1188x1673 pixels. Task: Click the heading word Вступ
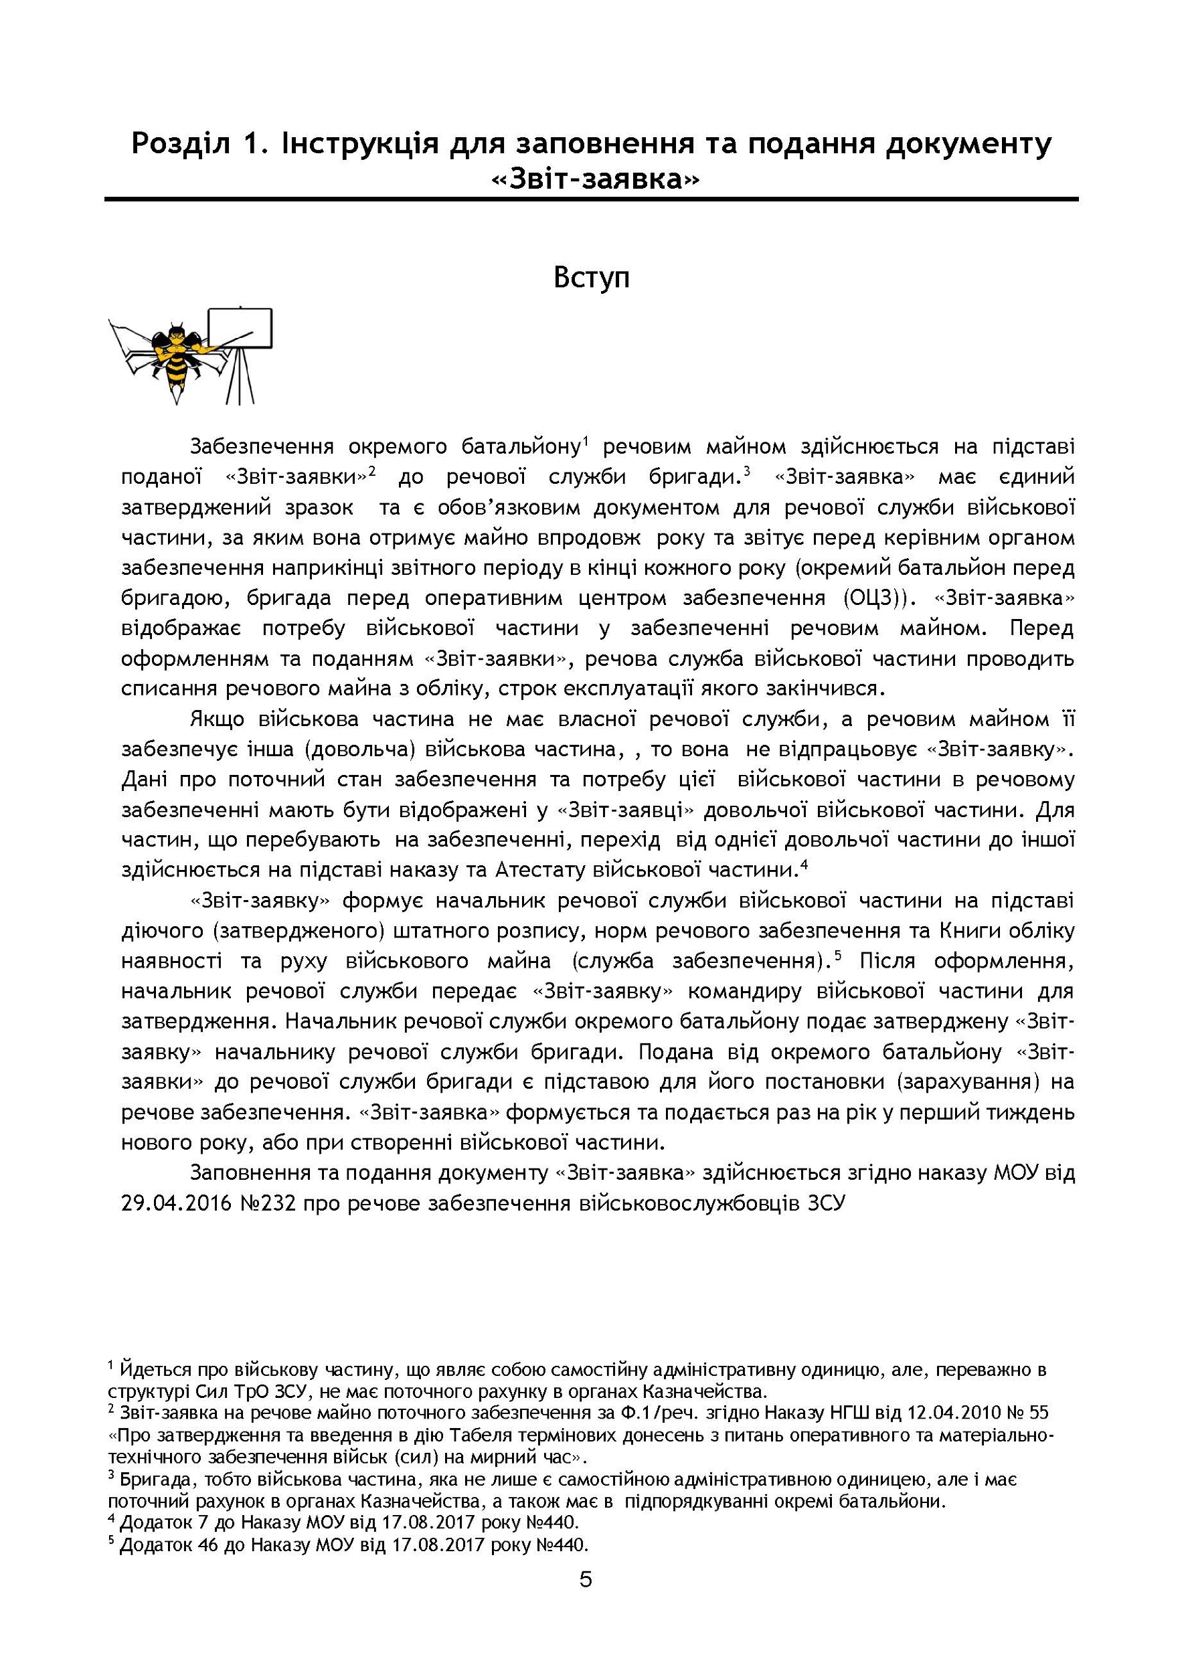(591, 278)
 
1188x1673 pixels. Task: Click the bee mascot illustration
(174, 358)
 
